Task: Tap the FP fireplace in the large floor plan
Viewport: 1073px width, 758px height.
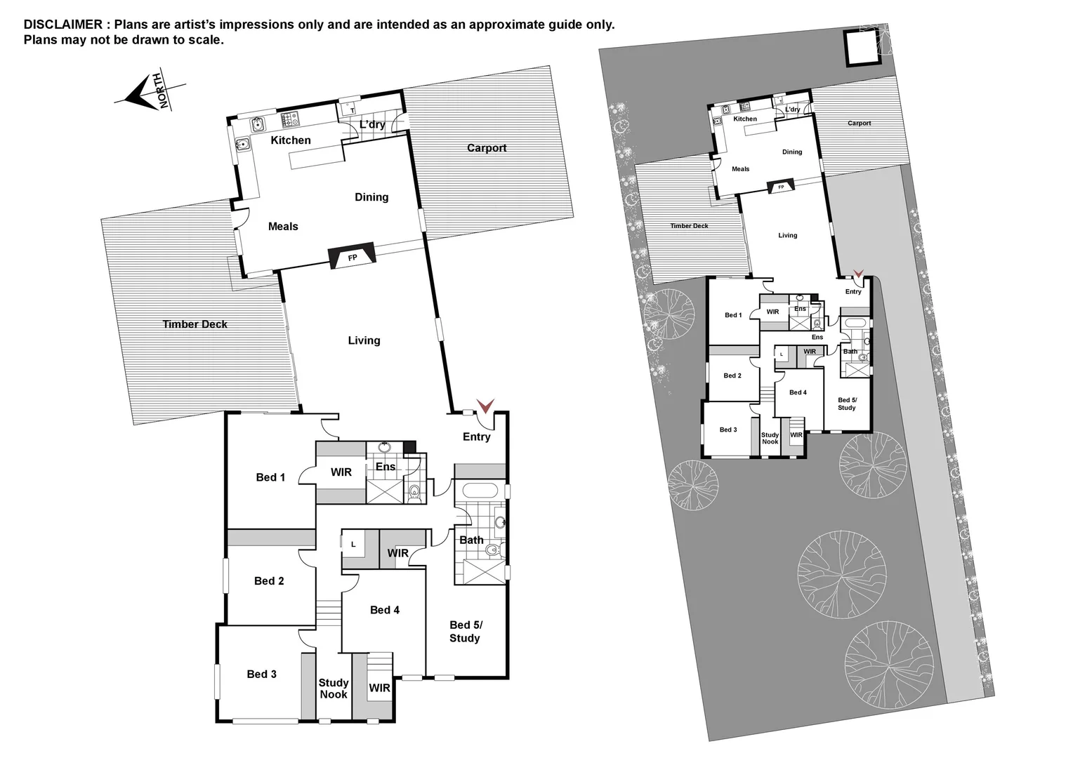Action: tap(353, 258)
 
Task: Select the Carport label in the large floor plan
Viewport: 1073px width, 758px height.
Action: tap(487, 148)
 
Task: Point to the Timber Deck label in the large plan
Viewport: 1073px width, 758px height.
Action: tap(195, 324)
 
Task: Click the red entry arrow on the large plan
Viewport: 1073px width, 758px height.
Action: tap(485, 406)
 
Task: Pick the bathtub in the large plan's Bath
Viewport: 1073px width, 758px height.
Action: tap(480, 489)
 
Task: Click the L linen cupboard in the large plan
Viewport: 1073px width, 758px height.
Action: tap(353, 544)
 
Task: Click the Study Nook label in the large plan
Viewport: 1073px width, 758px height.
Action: tap(334, 689)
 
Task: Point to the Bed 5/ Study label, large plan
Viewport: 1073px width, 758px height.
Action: tap(465, 631)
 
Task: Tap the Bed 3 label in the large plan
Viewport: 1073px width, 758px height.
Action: tap(261, 674)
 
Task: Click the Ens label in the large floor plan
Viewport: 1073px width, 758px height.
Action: tap(386, 467)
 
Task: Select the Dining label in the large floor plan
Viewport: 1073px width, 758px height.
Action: tap(371, 197)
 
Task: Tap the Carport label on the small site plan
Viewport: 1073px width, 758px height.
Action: tap(859, 124)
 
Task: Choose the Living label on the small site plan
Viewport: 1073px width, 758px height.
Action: tap(787, 236)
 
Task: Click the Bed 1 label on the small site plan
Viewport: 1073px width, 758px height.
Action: tap(733, 315)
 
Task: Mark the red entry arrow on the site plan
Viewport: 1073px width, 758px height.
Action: tap(857, 274)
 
